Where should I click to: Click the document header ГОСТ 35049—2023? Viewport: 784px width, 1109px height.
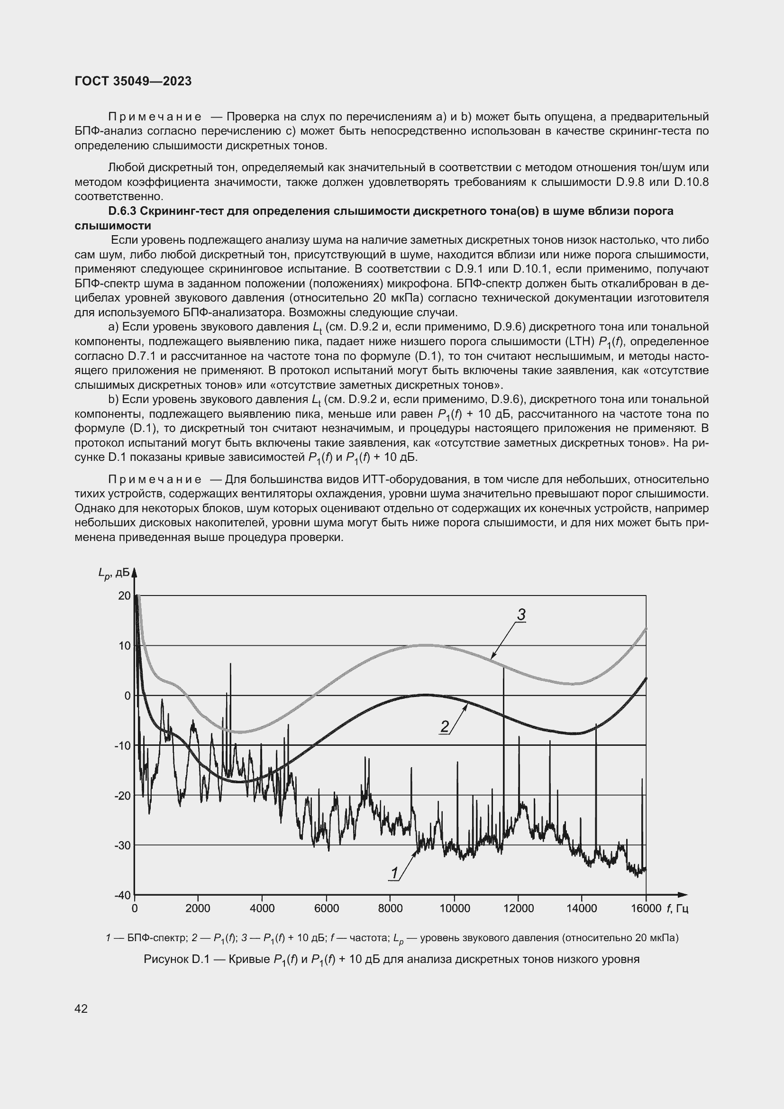pyautogui.click(x=133, y=81)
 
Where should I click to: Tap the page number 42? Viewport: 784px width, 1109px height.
pyautogui.click(x=81, y=1008)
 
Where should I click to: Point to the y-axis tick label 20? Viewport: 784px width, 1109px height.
pyautogui.click(x=125, y=596)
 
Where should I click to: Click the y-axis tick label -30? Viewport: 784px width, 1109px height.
pyautogui.click(x=123, y=845)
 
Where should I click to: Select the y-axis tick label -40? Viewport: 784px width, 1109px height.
pyautogui.click(x=123, y=895)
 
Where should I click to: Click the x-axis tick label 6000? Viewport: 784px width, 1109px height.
pyautogui.click(x=326, y=908)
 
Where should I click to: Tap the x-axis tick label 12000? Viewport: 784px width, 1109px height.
pyautogui.click(x=518, y=908)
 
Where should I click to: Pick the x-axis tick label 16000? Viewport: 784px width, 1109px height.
pyautogui.click(x=646, y=908)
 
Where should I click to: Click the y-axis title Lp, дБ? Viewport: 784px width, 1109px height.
pyautogui.click(x=114, y=573)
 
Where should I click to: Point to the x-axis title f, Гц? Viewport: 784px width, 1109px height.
pyautogui.click(x=677, y=908)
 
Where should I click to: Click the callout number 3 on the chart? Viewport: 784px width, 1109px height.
pyautogui.click(x=521, y=615)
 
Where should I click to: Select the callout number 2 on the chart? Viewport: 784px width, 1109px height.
pyautogui.click(x=445, y=726)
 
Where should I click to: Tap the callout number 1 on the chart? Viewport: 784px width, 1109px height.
pyautogui.click(x=394, y=873)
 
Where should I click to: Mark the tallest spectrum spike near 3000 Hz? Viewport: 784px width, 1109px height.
pyautogui.click(x=230, y=664)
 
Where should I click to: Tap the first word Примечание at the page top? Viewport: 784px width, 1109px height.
pyautogui.click(x=155, y=117)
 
